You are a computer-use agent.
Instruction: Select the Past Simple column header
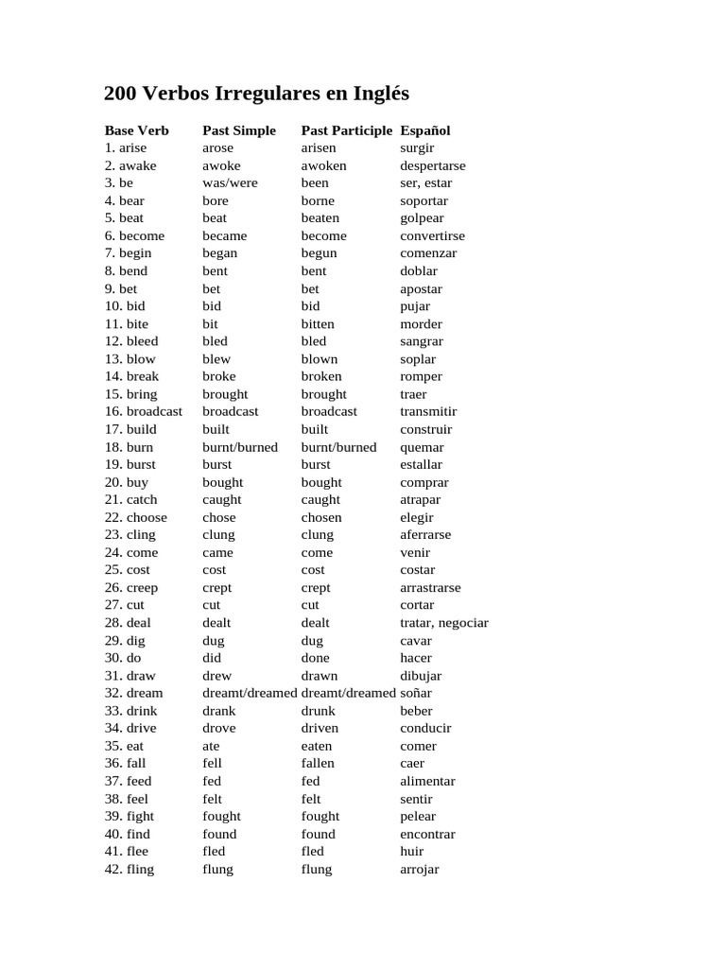(x=239, y=130)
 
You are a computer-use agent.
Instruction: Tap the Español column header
(x=425, y=130)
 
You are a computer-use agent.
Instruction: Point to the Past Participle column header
(x=346, y=130)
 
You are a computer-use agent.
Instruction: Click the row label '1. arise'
(x=126, y=147)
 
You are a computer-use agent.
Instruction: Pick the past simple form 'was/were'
(x=230, y=182)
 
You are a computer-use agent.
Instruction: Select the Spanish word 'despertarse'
(x=433, y=165)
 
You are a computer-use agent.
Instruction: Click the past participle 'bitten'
(x=318, y=323)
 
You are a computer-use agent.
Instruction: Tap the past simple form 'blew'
(x=216, y=358)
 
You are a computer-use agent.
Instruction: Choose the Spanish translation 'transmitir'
(x=428, y=411)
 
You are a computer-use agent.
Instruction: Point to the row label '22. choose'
(x=136, y=517)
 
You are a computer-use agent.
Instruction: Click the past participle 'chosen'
(x=321, y=517)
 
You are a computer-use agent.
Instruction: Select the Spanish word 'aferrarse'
(x=425, y=534)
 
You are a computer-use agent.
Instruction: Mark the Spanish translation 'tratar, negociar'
(x=444, y=622)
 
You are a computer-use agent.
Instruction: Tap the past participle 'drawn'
(x=320, y=675)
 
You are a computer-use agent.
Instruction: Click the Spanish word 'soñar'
(x=416, y=693)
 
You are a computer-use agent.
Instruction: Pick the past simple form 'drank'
(x=219, y=710)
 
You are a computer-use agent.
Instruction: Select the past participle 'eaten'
(x=317, y=746)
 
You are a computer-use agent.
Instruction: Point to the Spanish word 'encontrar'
(x=427, y=834)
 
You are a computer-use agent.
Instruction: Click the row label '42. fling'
(x=130, y=869)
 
